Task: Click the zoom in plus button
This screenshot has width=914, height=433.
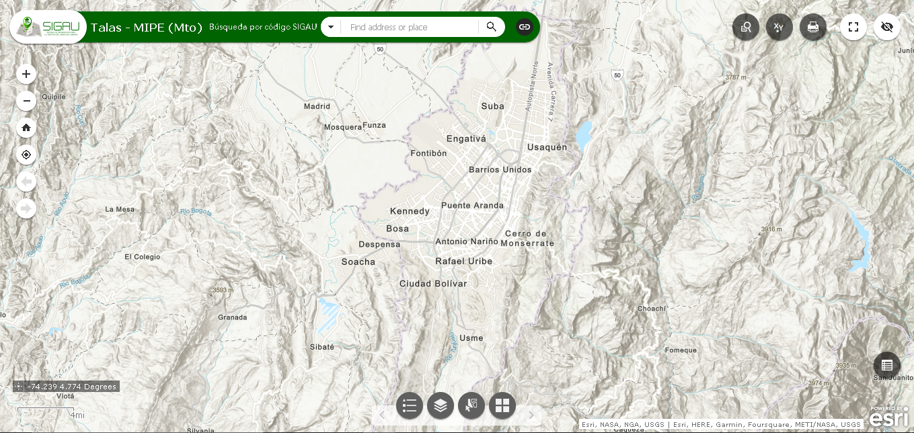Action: pyautogui.click(x=26, y=74)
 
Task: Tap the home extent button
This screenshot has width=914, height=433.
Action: pyautogui.click(x=26, y=128)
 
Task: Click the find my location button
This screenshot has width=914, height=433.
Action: pyautogui.click(x=26, y=155)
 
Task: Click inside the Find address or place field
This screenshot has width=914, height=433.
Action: pyautogui.click(x=410, y=27)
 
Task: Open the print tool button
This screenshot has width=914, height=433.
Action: pyautogui.click(x=812, y=27)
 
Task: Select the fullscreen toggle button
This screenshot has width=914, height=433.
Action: pyautogui.click(x=853, y=27)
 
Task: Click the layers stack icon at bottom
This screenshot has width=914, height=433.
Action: pyautogui.click(x=441, y=405)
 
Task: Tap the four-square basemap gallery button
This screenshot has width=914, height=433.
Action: pyautogui.click(x=502, y=405)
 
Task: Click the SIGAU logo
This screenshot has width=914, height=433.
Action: pyautogui.click(x=49, y=27)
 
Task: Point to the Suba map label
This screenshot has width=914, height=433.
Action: pyautogui.click(x=492, y=106)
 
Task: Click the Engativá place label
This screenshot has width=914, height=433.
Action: pyautogui.click(x=465, y=139)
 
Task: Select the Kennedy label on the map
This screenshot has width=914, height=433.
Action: pyautogui.click(x=410, y=211)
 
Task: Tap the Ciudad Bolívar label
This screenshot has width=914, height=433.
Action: pyautogui.click(x=432, y=284)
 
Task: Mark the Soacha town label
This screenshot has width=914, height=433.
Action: pyautogui.click(x=358, y=262)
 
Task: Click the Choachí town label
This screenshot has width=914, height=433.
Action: pyautogui.click(x=651, y=309)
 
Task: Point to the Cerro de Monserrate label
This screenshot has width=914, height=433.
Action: pyautogui.click(x=528, y=238)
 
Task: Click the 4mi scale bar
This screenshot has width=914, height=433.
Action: pyautogui.click(x=50, y=412)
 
